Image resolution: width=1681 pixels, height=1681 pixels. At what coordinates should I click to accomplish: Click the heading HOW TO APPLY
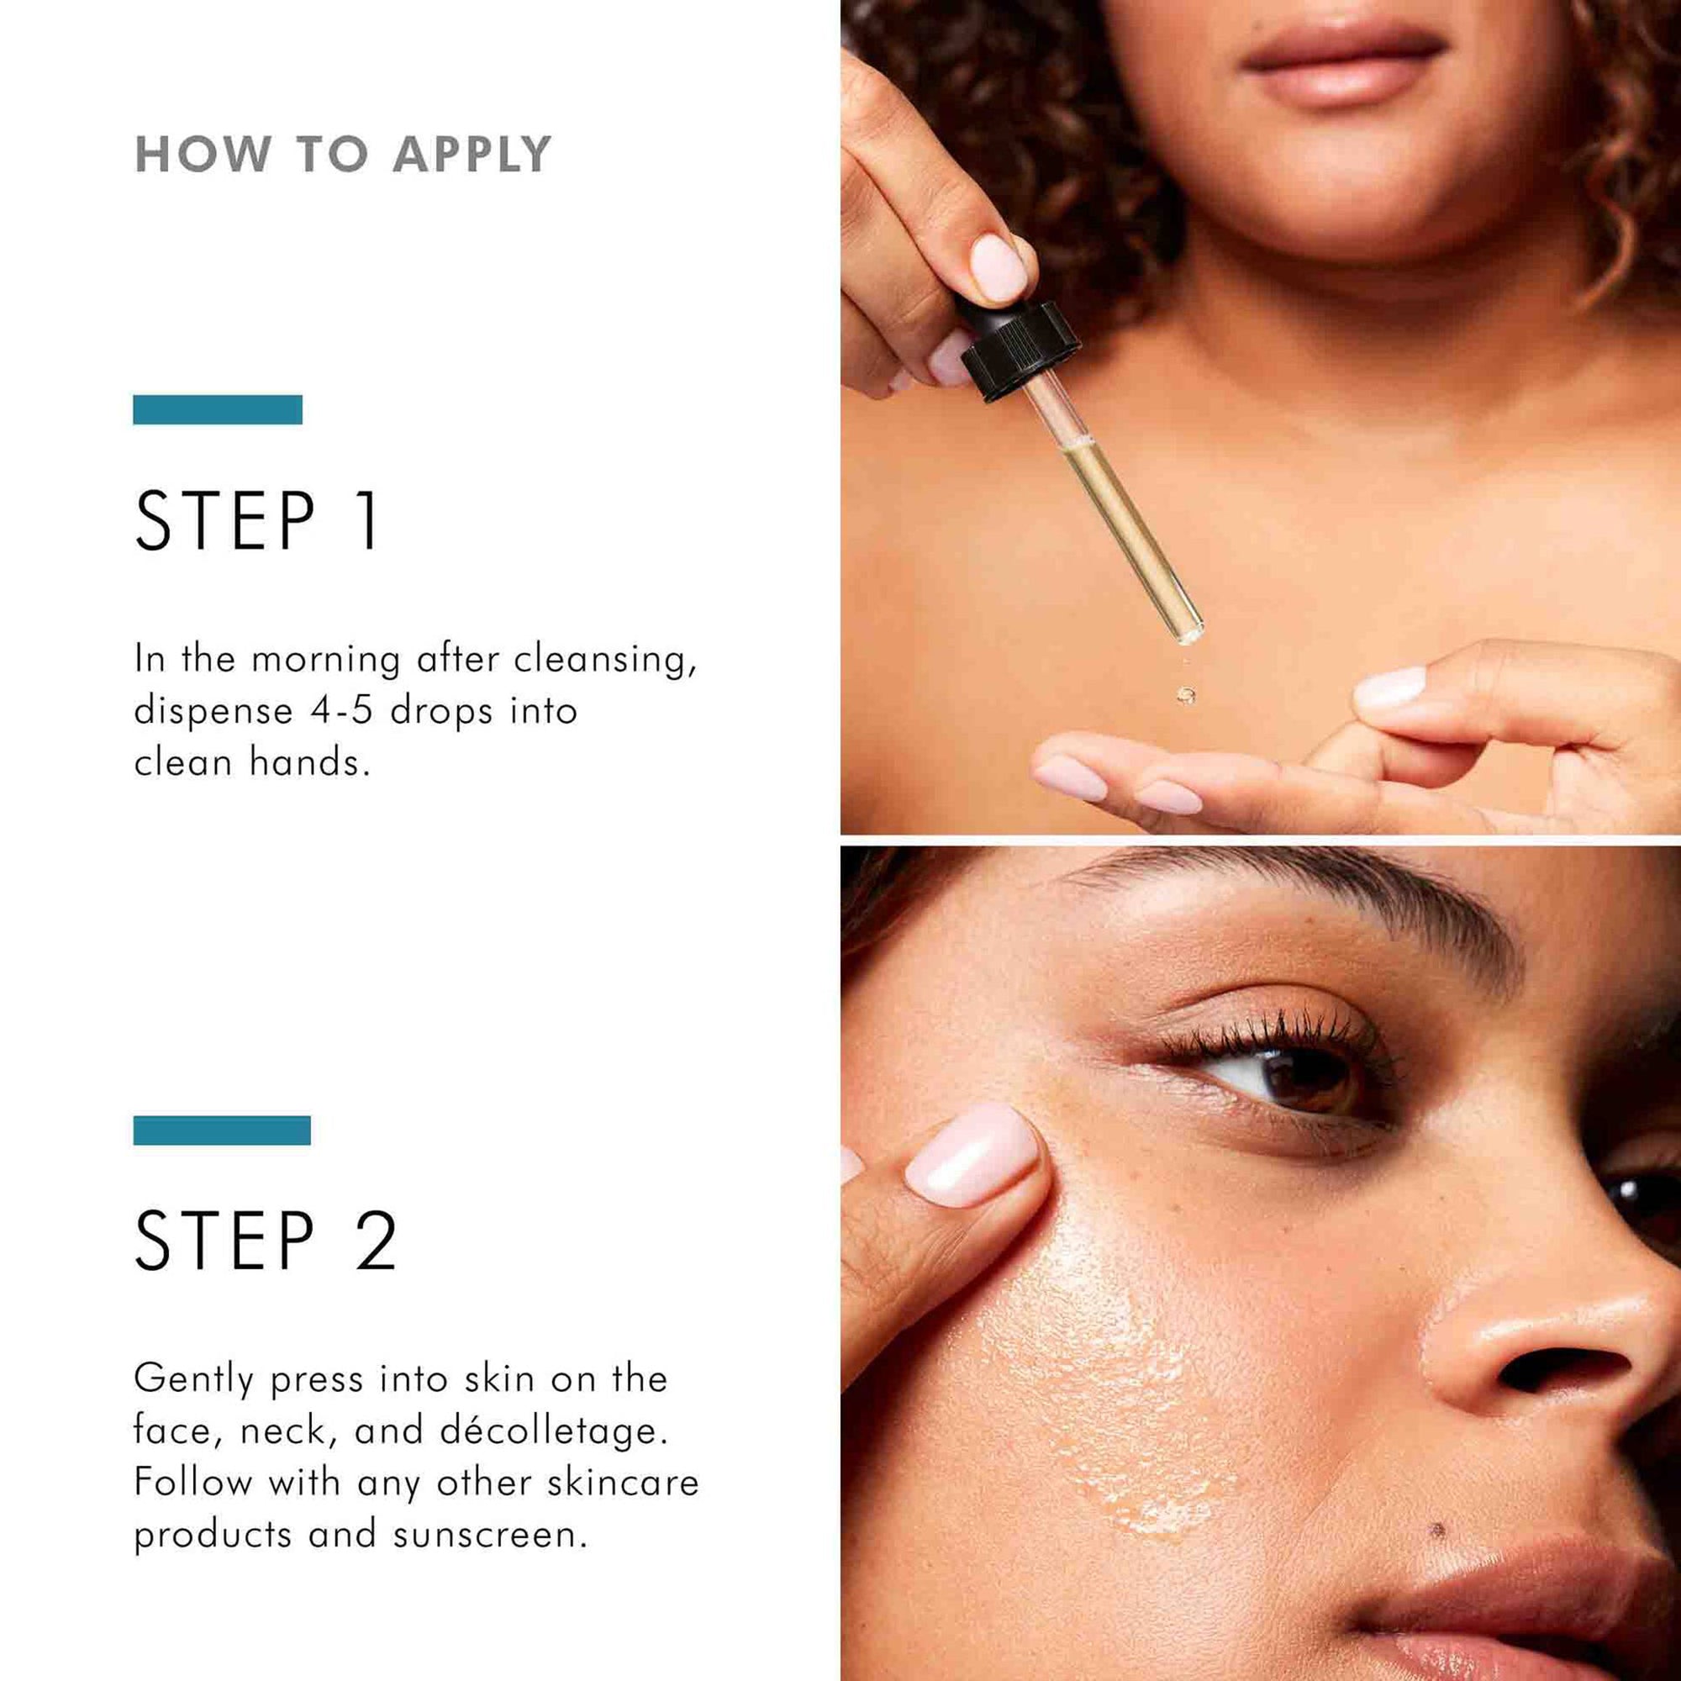[x=343, y=155]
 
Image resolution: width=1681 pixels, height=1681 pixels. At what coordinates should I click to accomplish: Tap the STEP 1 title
[x=257, y=521]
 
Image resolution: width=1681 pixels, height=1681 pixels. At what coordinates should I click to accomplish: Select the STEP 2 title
[x=266, y=1241]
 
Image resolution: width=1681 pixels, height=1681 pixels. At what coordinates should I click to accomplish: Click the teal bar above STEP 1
[x=218, y=410]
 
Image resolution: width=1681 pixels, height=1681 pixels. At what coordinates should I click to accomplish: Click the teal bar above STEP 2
[x=222, y=1130]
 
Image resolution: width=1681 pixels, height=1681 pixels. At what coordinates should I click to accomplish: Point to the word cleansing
[x=604, y=661]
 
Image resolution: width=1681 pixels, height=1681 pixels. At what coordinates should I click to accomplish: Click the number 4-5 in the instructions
[x=341, y=712]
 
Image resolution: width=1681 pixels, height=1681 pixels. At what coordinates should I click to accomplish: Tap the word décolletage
[x=553, y=1431]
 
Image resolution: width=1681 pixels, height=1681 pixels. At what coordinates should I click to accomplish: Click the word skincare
[x=623, y=1483]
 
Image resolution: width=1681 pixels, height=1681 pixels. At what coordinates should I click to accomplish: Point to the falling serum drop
[x=1185, y=693]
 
